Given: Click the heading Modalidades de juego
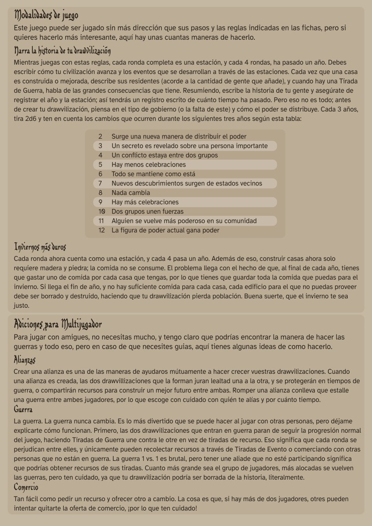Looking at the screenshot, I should coord(46,16).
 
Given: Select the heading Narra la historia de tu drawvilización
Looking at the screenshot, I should coord(62,50).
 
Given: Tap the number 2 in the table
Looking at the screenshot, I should coord(100,137).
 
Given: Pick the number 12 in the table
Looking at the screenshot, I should coord(101,230).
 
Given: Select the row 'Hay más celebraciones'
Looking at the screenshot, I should coord(145,202).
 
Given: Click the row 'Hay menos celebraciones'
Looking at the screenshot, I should coord(149,165).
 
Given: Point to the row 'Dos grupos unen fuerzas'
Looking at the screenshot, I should coord(147,212).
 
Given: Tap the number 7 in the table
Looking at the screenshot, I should coord(100,184).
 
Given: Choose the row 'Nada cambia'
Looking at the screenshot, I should coord(131,193).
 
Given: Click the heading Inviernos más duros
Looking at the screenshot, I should coord(40,246).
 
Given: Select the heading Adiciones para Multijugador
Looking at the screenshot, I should coord(58,324).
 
